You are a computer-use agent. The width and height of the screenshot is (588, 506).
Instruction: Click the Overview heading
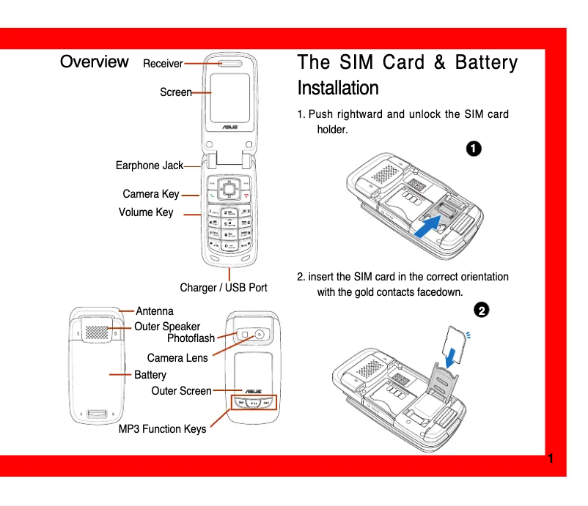[95, 62]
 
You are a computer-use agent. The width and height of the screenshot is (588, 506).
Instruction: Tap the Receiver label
[163, 64]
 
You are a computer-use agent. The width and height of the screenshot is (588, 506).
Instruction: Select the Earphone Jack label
[150, 165]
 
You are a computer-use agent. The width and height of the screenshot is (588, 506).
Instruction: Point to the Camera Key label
[151, 194]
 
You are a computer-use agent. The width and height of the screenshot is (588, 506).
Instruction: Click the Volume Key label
[146, 212]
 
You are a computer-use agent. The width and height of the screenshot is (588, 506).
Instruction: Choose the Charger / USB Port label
[224, 288]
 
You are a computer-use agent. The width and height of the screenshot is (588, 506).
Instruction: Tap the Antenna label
[155, 311]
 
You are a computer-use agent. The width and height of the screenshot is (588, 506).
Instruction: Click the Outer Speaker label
[167, 327]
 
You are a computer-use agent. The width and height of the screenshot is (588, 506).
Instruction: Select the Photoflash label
[191, 338]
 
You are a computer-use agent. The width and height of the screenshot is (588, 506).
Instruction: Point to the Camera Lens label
[177, 358]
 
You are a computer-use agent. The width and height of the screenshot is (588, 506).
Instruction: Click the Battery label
[150, 375]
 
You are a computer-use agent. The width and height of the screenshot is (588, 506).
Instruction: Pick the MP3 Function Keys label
[163, 429]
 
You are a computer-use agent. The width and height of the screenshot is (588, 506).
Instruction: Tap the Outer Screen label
[181, 391]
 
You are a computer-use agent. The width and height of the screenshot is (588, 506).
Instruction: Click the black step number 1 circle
[474, 148]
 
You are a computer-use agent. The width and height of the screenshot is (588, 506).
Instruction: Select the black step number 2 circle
[481, 310]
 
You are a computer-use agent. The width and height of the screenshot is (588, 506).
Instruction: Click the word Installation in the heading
[338, 89]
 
